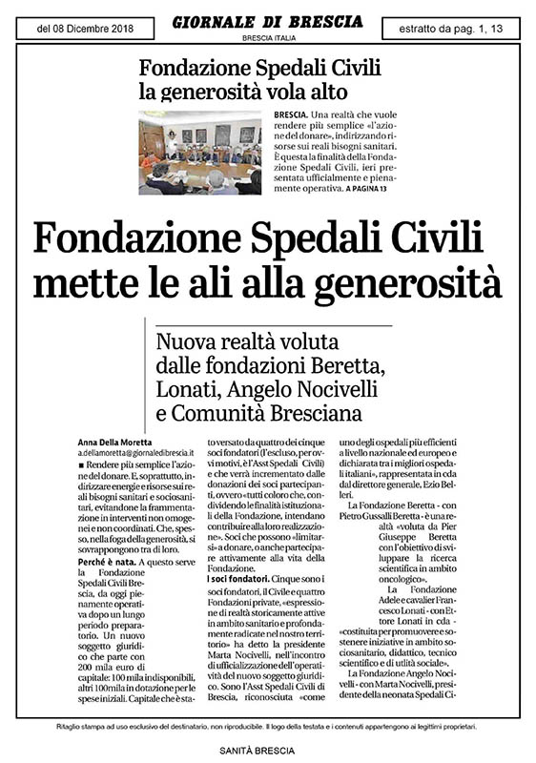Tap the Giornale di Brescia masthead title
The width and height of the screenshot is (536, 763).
coord(267,20)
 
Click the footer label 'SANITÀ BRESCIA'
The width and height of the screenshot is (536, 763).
coord(268,751)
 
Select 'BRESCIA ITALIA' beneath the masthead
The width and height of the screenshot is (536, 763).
coord(267,38)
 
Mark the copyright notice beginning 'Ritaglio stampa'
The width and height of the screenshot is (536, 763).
coord(268,728)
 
